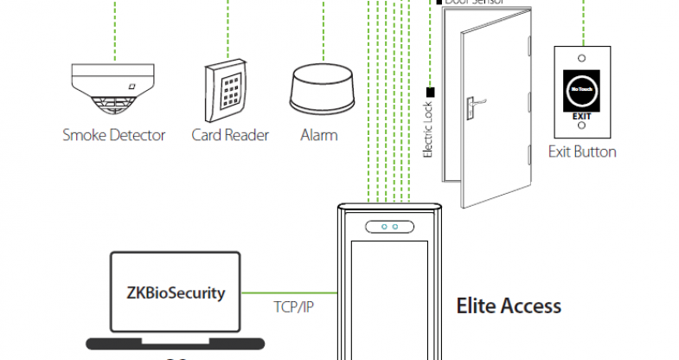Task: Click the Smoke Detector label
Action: coord(113,135)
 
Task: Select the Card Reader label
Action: coord(230,135)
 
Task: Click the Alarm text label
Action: coord(319,135)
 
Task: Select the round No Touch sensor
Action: coord(582,88)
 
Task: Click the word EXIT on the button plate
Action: coord(582,114)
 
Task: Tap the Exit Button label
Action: coord(583,152)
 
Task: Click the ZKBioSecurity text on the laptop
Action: coord(176,292)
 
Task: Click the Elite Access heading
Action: coord(509,305)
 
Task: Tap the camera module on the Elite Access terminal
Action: coord(387,227)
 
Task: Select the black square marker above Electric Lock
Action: coord(429,90)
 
